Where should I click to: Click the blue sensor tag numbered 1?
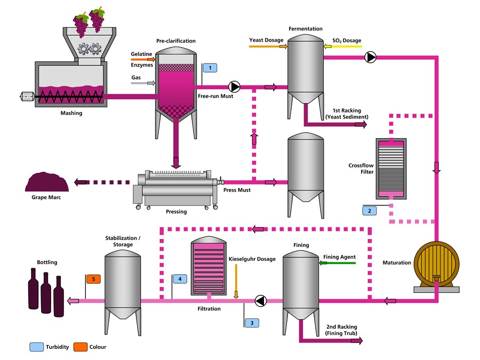pos(211,68)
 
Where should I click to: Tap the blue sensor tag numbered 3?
pos(252,322)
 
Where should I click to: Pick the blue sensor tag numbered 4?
pos(180,279)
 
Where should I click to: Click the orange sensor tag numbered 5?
pos(93,279)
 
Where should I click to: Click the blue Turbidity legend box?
pos(37,347)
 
